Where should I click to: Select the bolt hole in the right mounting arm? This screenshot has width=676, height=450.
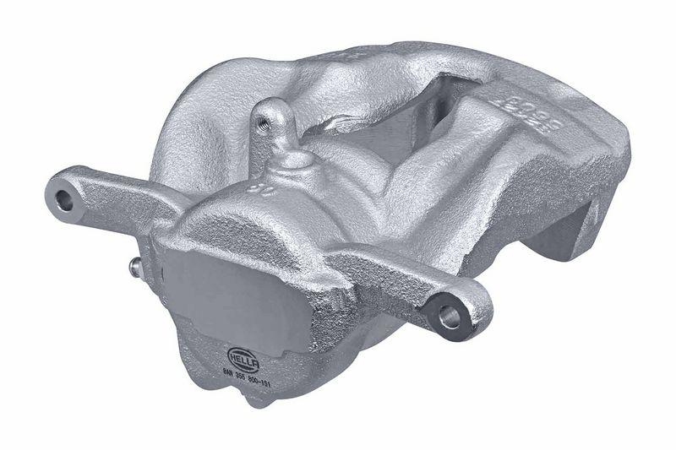click(x=450, y=318)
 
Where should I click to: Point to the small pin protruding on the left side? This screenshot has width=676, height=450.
click(x=135, y=268)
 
